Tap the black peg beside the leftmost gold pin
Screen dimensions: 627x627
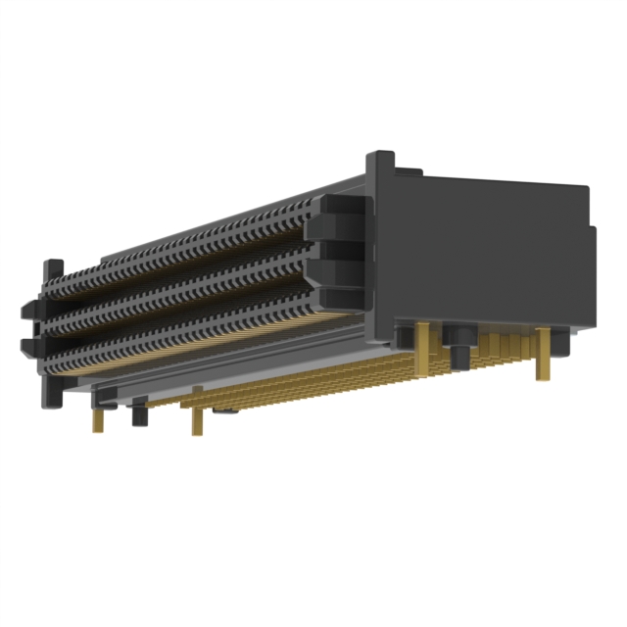coord(139,413)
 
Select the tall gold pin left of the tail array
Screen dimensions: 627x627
coord(197,411)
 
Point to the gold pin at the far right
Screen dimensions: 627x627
coord(541,355)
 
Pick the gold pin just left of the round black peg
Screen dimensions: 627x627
coord(424,348)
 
